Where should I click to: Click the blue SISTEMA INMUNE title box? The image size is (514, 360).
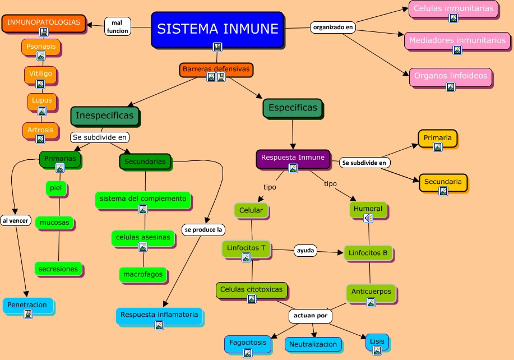click(x=217, y=29)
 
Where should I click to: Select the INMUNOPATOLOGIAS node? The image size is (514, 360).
click(x=44, y=23)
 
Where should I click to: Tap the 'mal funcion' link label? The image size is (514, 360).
click(x=117, y=26)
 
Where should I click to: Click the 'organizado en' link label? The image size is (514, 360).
click(x=333, y=26)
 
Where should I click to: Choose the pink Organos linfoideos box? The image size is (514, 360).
click(x=450, y=76)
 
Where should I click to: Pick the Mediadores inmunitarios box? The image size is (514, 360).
click(x=457, y=40)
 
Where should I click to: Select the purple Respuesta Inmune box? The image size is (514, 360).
click(x=293, y=158)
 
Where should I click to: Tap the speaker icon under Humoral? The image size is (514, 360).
click(x=368, y=219)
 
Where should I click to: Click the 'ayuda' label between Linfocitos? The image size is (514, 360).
click(x=305, y=251)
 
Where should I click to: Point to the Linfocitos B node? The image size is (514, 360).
click(x=368, y=253)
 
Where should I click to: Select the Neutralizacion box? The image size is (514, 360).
click(x=313, y=344)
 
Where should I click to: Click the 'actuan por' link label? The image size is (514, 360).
click(x=310, y=316)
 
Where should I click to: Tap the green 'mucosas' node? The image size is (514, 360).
click(x=55, y=223)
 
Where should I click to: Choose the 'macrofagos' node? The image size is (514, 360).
click(x=142, y=274)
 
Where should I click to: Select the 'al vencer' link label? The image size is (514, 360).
click(x=15, y=220)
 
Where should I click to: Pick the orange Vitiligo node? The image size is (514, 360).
click(x=40, y=73)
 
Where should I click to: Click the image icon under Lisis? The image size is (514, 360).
click(x=377, y=350)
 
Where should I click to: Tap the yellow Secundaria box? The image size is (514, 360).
click(x=443, y=182)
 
